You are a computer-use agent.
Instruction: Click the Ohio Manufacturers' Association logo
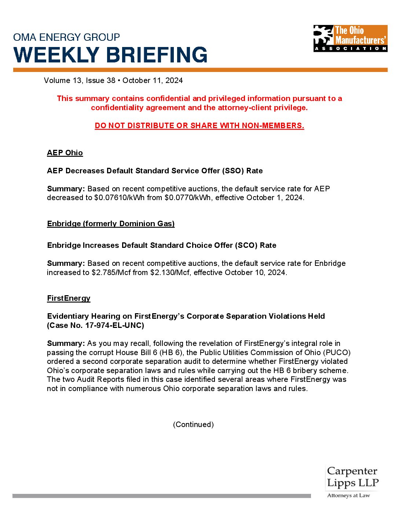pyautogui.click(x=350, y=38)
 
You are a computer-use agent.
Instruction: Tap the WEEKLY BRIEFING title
pyautogui.click(x=110, y=55)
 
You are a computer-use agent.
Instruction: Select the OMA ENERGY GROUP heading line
pyautogui.click(x=66, y=37)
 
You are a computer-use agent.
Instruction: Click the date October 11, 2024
pyautogui.click(x=153, y=80)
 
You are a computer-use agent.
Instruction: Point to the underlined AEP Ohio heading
pyautogui.click(x=65, y=153)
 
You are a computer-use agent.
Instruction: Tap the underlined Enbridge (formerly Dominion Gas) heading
pyautogui.click(x=111, y=224)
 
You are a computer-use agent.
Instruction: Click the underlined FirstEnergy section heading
pyautogui.click(x=69, y=298)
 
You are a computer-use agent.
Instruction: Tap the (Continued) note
pyautogui.click(x=193, y=424)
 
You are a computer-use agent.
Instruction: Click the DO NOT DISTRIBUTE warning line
pyautogui.click(x=199, y=126)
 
